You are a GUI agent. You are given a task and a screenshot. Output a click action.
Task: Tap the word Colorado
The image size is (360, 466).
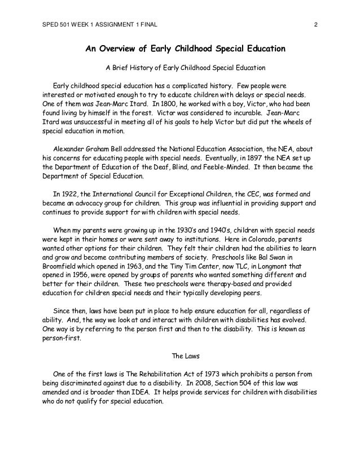(x=274, y=234)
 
